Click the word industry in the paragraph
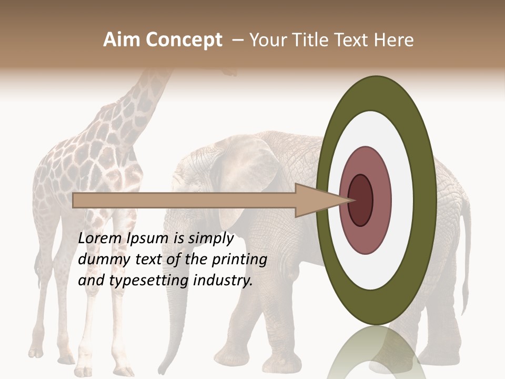(223, 280)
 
